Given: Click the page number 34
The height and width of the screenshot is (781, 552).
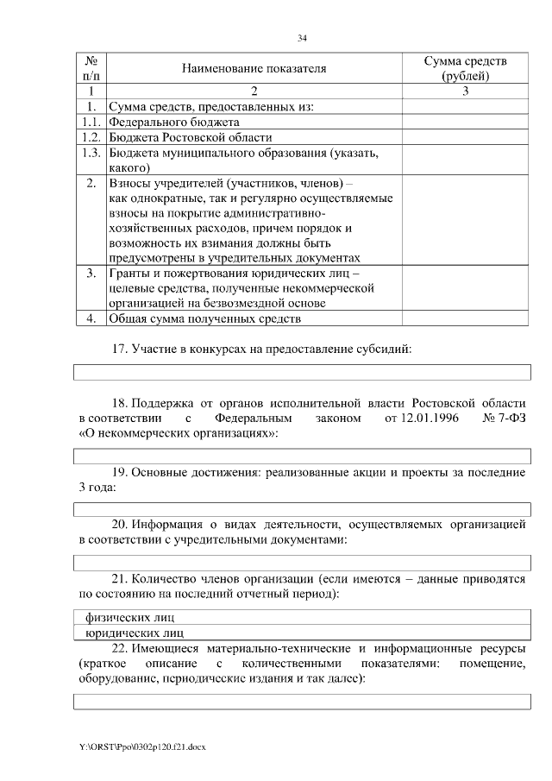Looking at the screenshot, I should click(x=303, y=38).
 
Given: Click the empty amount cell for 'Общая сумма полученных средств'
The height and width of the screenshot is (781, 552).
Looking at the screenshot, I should click(x=466, y=319).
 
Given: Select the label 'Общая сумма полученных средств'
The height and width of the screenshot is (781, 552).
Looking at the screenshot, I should click(x=205, y=319).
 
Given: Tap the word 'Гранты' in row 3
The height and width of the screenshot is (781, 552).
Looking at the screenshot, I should click(x=129, y=274).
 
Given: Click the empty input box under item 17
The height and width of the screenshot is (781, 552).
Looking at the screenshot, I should click(x=303, y=372).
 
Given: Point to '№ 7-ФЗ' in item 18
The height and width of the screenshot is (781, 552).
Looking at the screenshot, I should click(x=505, y=419).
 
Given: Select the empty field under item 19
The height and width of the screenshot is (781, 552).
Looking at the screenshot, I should click(x=303, y=510).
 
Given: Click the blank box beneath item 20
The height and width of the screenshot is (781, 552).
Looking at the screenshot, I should click(x=303, y=564).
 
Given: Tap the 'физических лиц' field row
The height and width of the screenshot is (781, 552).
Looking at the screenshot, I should click(x=303, y=617).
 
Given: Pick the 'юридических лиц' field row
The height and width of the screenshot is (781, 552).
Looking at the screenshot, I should click(x=303, y=632).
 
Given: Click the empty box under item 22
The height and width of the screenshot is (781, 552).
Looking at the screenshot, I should click(x=303, y=701).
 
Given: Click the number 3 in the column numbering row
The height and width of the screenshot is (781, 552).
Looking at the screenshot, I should click(x=466, y=91).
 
